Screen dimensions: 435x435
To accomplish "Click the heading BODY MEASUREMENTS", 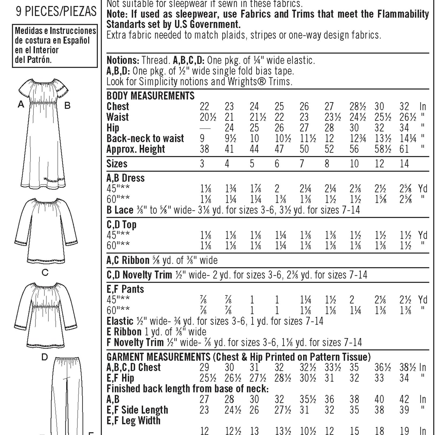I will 150,96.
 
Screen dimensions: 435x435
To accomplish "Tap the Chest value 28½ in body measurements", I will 357,106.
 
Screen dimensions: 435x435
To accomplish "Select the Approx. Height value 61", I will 404,149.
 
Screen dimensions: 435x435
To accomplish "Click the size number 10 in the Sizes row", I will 354,163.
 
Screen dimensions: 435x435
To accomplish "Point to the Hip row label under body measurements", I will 113,128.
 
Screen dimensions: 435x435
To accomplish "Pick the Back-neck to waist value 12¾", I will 358,139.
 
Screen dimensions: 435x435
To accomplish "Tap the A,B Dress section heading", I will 125,178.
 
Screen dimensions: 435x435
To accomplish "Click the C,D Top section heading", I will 121,224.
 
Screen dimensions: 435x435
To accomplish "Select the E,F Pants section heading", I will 125,289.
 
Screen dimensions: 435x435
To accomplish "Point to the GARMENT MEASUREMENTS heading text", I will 158,357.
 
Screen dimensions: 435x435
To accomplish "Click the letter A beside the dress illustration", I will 21,104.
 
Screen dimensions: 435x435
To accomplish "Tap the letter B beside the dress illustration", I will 67,106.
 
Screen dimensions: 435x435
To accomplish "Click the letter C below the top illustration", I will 45,273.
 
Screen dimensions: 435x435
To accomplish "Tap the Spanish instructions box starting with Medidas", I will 55,45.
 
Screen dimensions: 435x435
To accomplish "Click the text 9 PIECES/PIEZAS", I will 56,12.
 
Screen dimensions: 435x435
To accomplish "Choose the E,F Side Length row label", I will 137,410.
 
